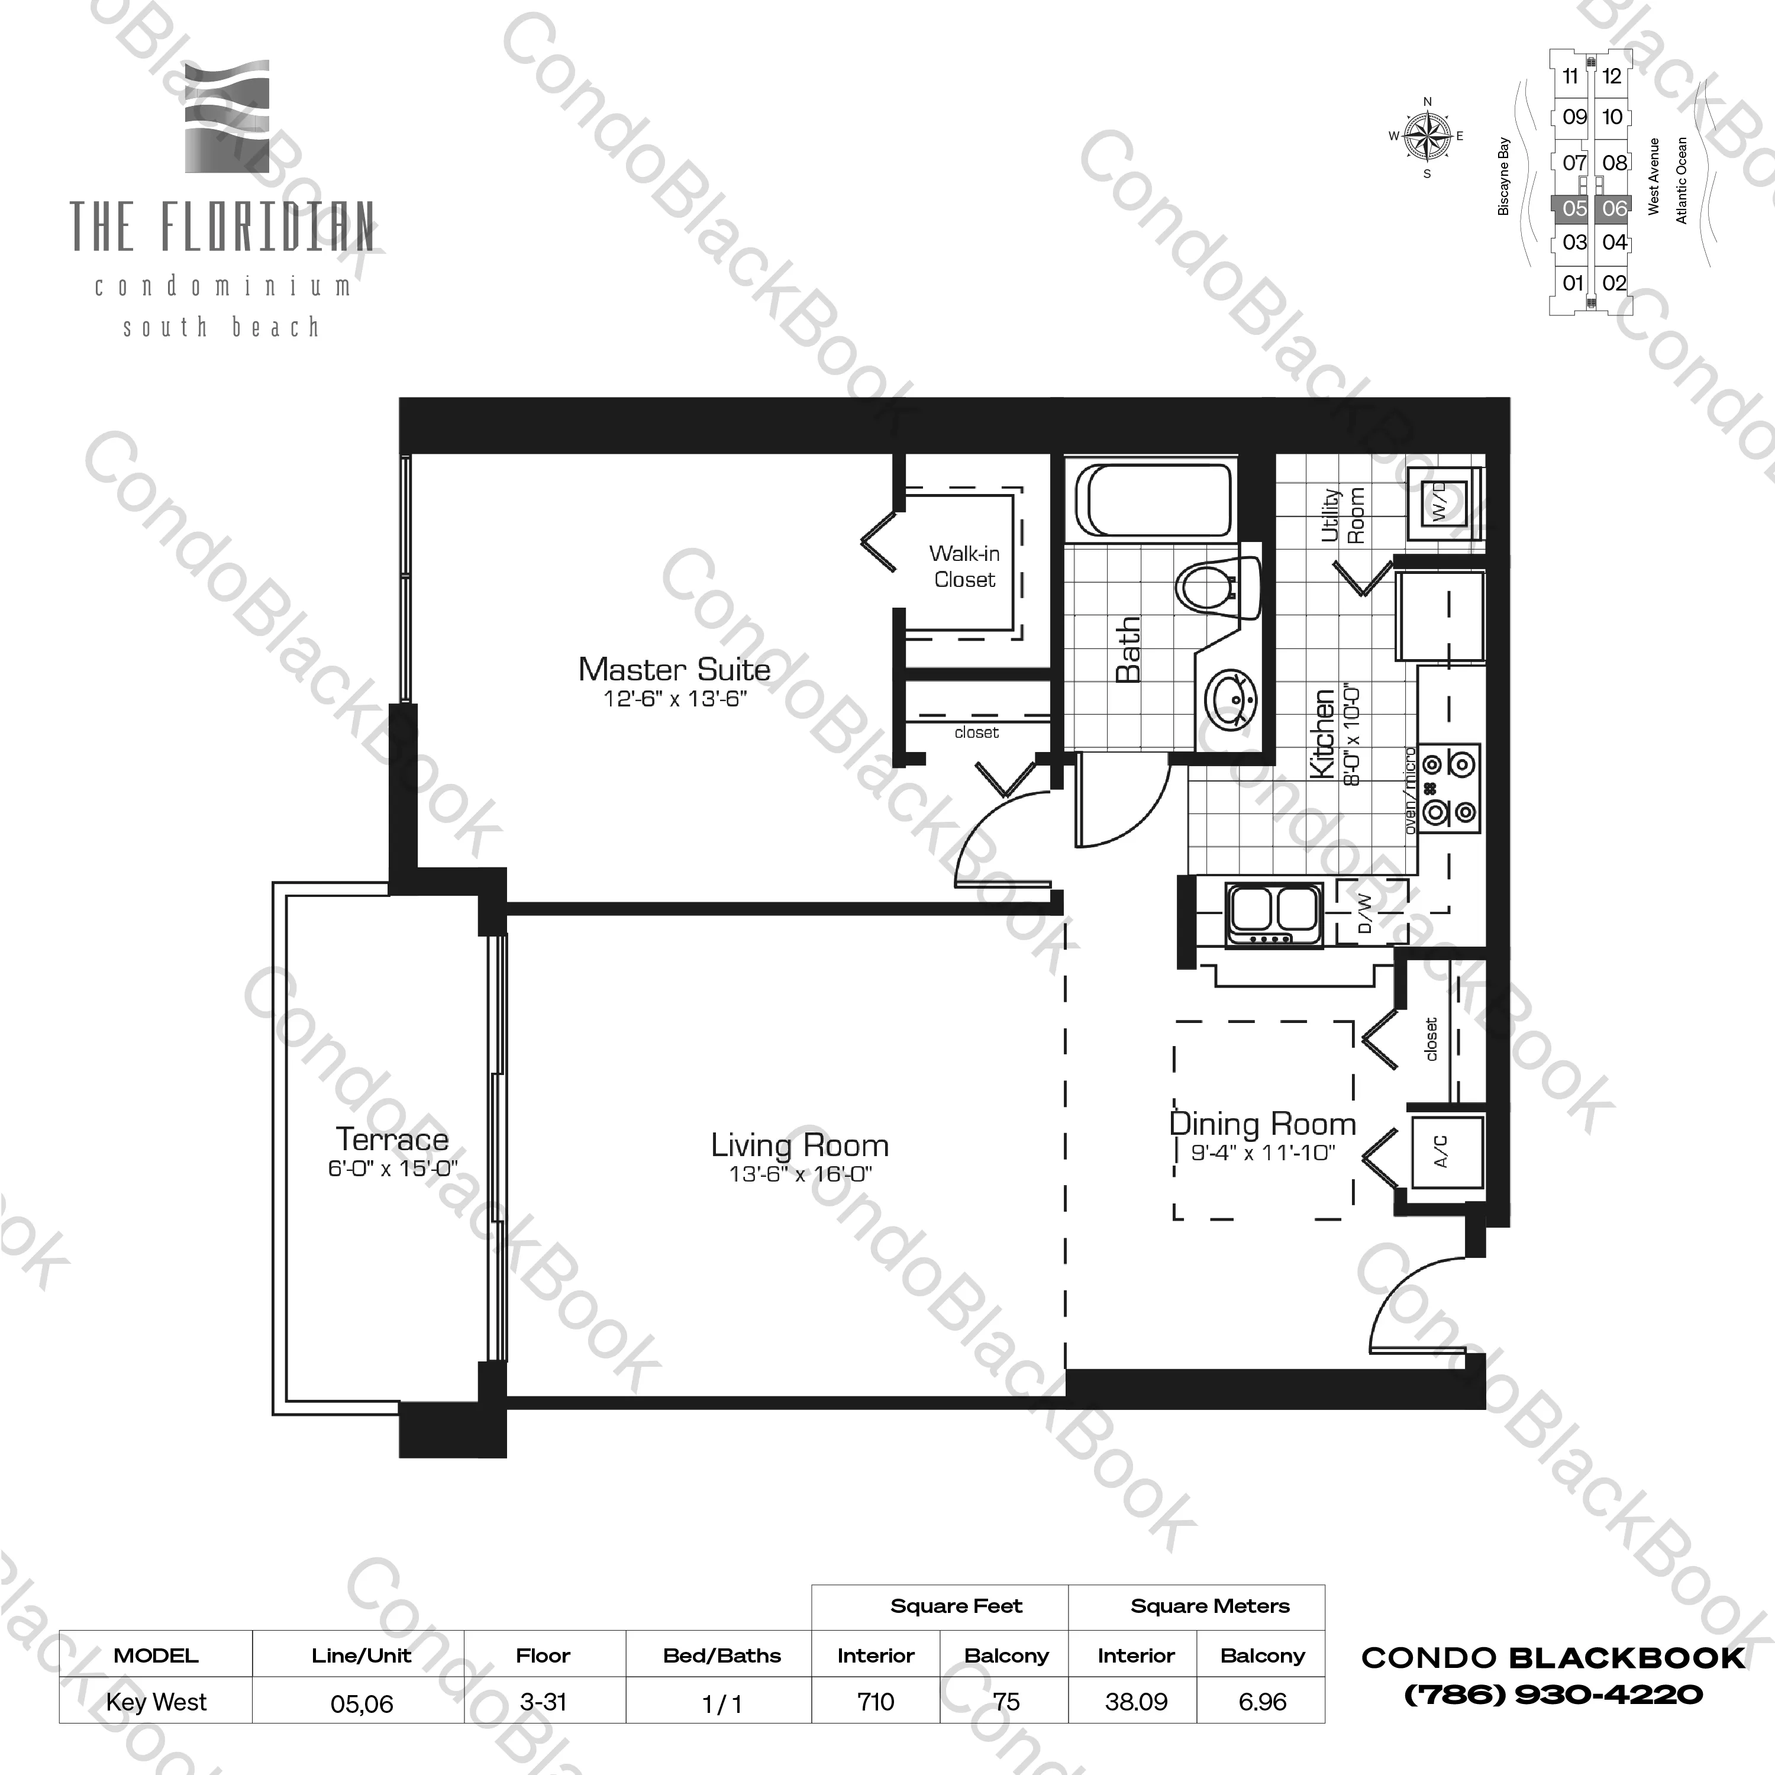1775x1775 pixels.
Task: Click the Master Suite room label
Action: tap(673, 670)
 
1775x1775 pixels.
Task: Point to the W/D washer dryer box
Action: tap(1440, 502)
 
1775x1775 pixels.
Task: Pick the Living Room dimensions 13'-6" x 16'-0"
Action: tap(800, 1173)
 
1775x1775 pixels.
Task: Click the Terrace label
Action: tap(392, 1139)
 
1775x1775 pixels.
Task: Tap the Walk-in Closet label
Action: tap(964, 566)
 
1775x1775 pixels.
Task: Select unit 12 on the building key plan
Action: tap(1612, 76)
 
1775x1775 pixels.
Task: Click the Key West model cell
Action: tap(156, 1702)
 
